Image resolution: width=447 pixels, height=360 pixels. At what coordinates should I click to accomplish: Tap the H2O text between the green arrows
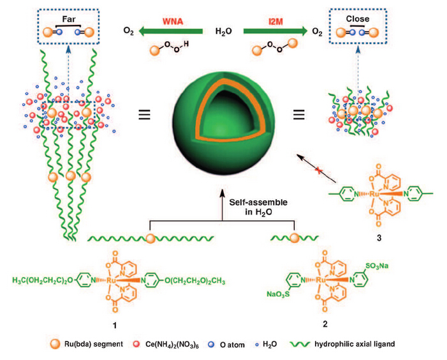tap(223, 30)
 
